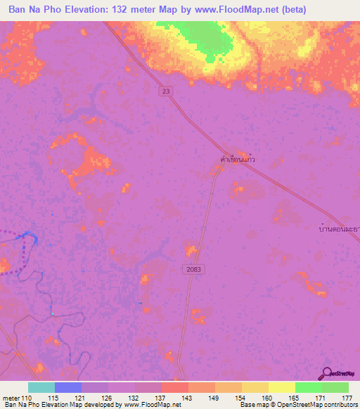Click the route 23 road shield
pos(165,91)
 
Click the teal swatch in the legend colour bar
pos(41,387)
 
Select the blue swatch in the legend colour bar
pos(68,387)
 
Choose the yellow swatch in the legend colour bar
pos(281,387)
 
